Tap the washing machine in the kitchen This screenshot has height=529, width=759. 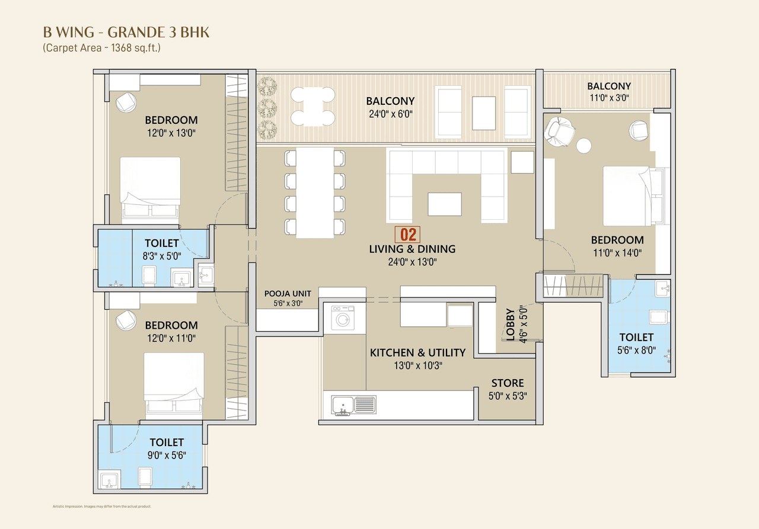tap(342, 318)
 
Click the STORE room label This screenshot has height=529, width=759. tap(507, 383)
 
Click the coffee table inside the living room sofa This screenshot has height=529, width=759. tap(445, 204)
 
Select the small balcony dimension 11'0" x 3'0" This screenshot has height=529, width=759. tap(608, 98)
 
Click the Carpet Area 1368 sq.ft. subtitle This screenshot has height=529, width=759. tap(101, 48)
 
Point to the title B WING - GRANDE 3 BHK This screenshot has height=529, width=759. tap(126, 32)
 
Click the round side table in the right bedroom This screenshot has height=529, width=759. tap(584, 145)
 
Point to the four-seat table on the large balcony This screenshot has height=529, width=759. tap(312, 106)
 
